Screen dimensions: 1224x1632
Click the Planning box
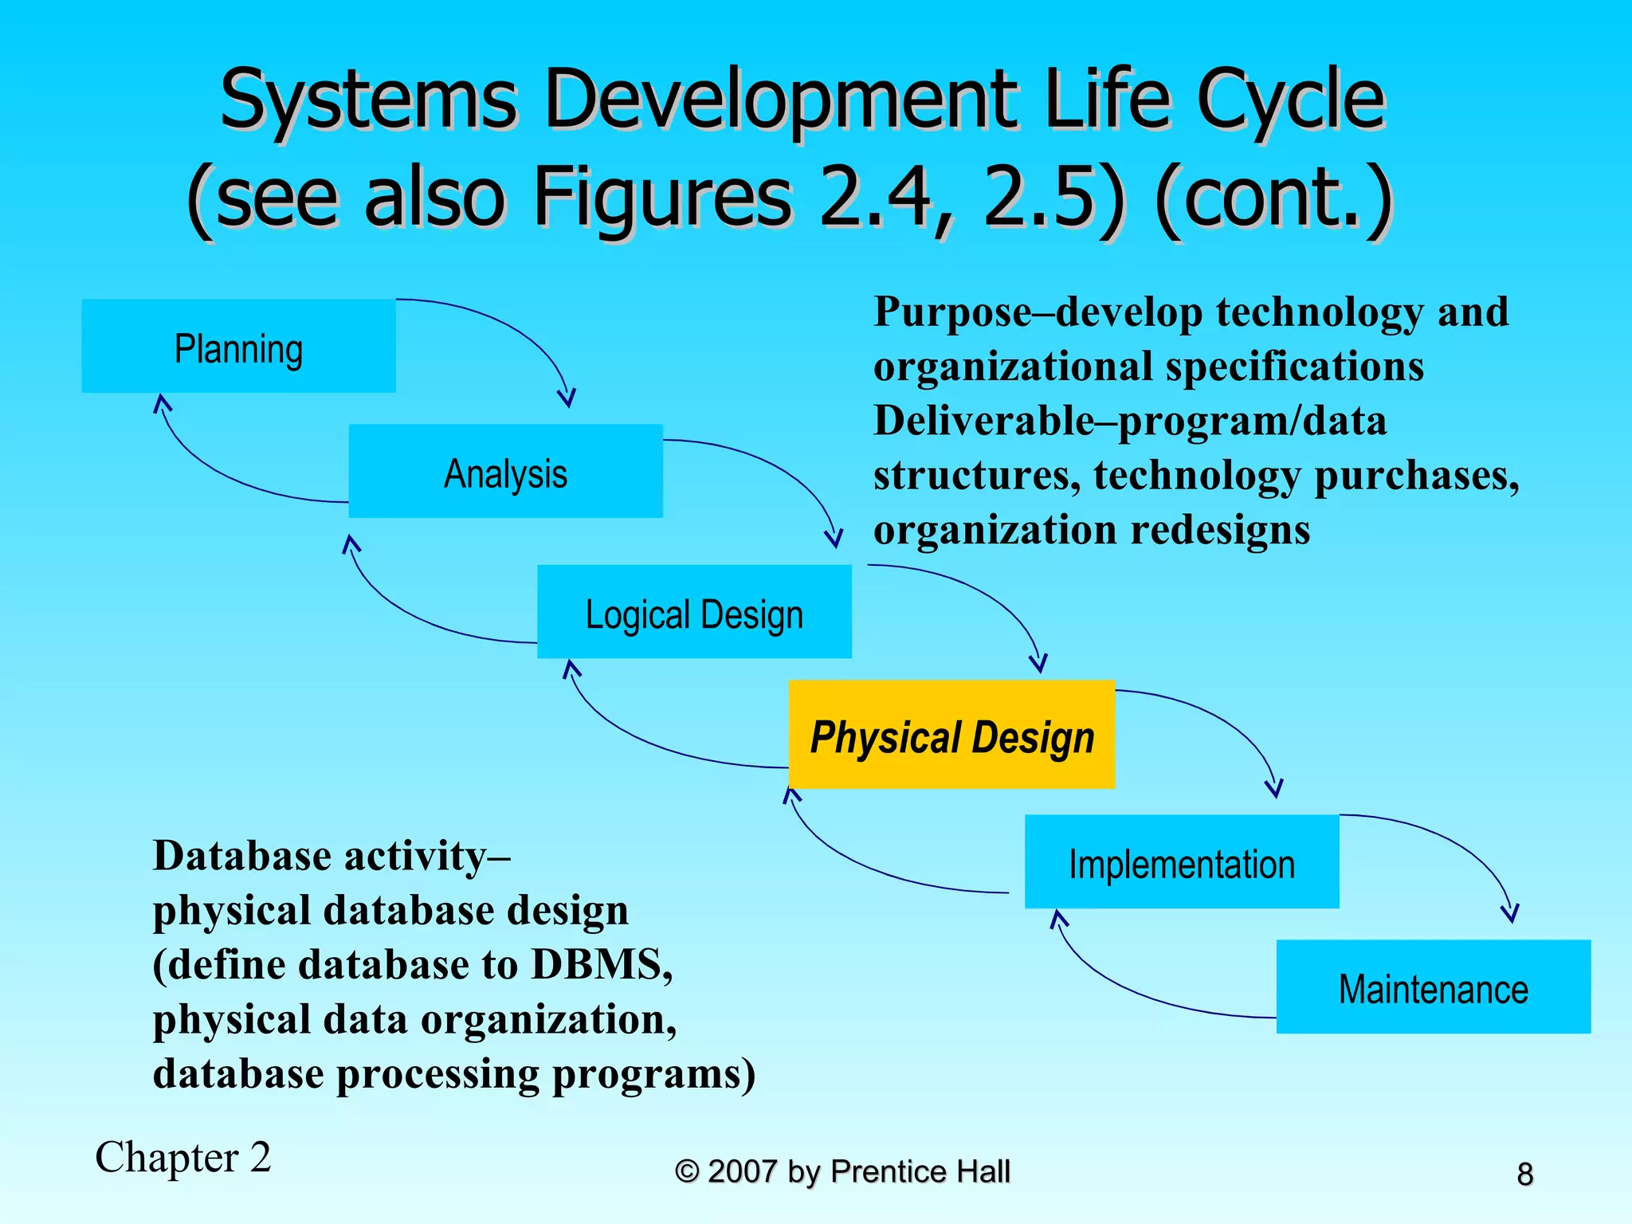coord(238,346)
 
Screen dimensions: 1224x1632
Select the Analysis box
coord(505,471)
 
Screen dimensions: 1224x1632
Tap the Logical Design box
coord(694,612)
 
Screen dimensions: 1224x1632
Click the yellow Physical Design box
coord(951,735)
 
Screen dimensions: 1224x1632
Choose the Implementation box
coord(1181,861)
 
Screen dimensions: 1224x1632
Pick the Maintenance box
coord(1433,987)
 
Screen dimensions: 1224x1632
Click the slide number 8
coord(1524,1174)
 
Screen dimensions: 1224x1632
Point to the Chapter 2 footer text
coord(183,1157)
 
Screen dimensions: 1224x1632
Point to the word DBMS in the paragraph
coord(602,964)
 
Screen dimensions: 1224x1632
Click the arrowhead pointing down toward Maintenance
coord(1509,913)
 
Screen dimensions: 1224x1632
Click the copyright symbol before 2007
coord(686,1171)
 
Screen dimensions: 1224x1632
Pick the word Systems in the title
coord(368,100)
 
